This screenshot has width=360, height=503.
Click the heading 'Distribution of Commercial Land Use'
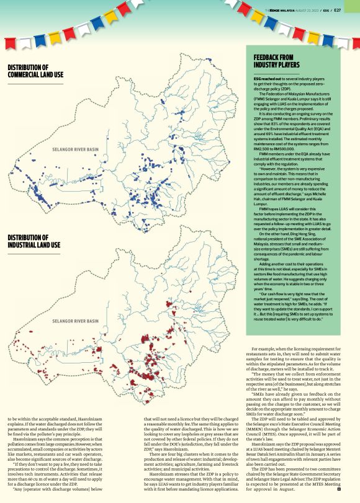click(x=35, y=71)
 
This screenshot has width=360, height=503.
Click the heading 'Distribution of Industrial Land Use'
click(x=34, y=242)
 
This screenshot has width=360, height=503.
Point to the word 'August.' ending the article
click(x=288, y=489)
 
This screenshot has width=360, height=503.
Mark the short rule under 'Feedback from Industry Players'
click(x=276, y=73)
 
